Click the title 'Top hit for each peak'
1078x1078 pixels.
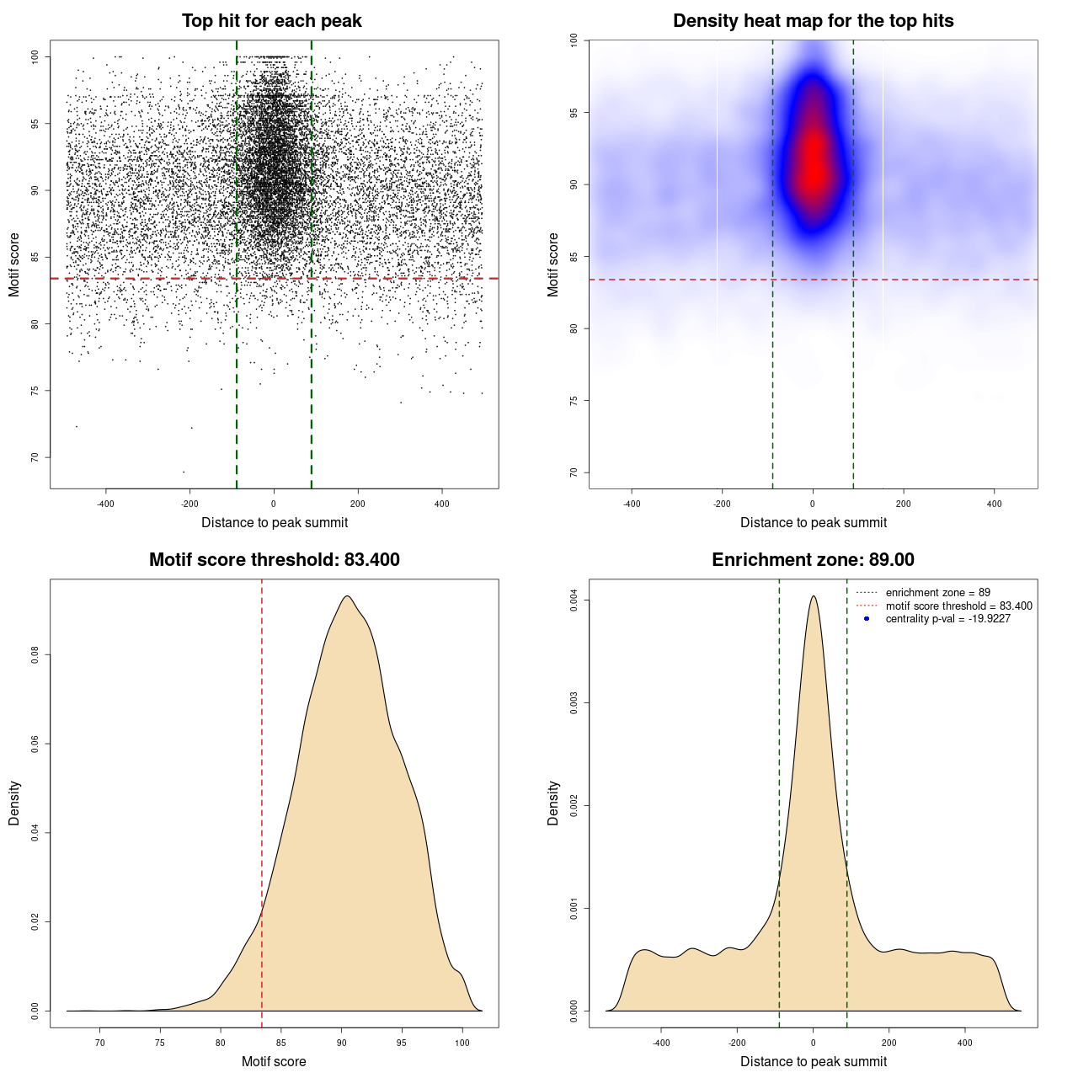tap(272, 21)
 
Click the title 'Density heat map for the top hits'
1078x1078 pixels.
tap(814, 21)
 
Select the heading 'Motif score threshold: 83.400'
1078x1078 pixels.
tap(275, 560)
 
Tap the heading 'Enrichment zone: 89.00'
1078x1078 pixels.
tap(814, 560)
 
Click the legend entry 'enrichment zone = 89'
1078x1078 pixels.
tap(937, 593)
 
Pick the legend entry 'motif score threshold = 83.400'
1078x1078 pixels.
tap(958, 606)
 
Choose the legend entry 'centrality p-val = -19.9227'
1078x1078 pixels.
tap(947, 619)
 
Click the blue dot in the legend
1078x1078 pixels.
tap(867, 619)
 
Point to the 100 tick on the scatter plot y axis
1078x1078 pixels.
tap(35, 56)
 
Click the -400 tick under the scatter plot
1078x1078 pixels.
tap(105, 504)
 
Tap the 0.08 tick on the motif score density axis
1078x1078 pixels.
tap(35, 655)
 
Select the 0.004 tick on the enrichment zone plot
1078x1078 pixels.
tap(574, 600)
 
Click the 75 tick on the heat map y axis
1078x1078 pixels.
tap(574, 400)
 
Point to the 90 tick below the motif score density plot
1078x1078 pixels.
tap(342, 1043)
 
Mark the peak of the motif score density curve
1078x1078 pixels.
tap(346, 596)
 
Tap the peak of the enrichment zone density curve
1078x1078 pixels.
tap(813, 596)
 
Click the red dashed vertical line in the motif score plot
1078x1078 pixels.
tap(262, 800)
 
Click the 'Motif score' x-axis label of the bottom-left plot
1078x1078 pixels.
tap(274, 1061)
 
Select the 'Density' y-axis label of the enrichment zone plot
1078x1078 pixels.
tap(553, 803)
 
